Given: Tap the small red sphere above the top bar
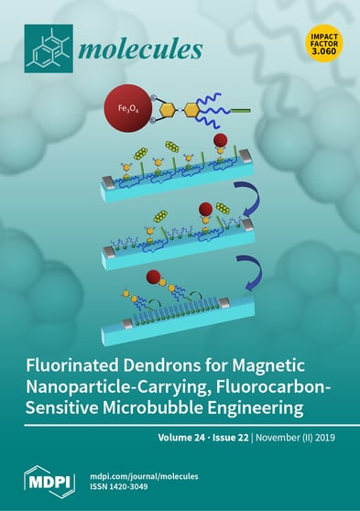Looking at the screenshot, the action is (x=221, y=142).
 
